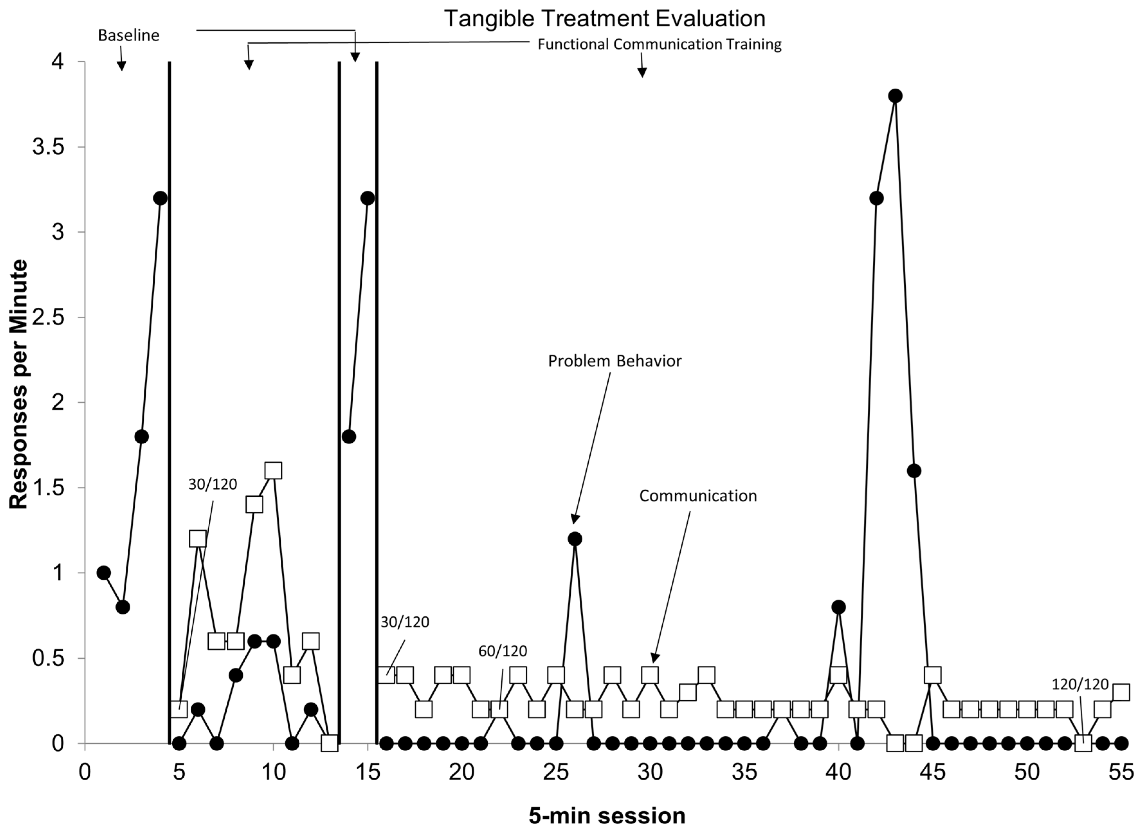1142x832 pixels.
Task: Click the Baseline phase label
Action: click(128, 36)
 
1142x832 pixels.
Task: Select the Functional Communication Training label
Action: click(659, 45)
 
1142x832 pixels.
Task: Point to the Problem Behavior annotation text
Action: click(614, 361)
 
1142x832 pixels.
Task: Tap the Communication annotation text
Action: click(698, 496)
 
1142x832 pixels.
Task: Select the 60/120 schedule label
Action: click(503, 651)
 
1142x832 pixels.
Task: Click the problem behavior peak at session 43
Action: click(895, 96)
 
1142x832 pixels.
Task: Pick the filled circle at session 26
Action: click(575, 539)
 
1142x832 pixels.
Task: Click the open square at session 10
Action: click(273, 470)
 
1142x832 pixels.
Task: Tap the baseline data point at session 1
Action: click(104, 573)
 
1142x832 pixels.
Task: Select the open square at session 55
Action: click(1121, 692)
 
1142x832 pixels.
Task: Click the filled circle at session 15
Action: click(367, 198)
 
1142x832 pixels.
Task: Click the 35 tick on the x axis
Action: click(744, 773)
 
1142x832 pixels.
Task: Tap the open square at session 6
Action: click(198, 538)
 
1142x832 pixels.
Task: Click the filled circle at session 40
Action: click(838, 607)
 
